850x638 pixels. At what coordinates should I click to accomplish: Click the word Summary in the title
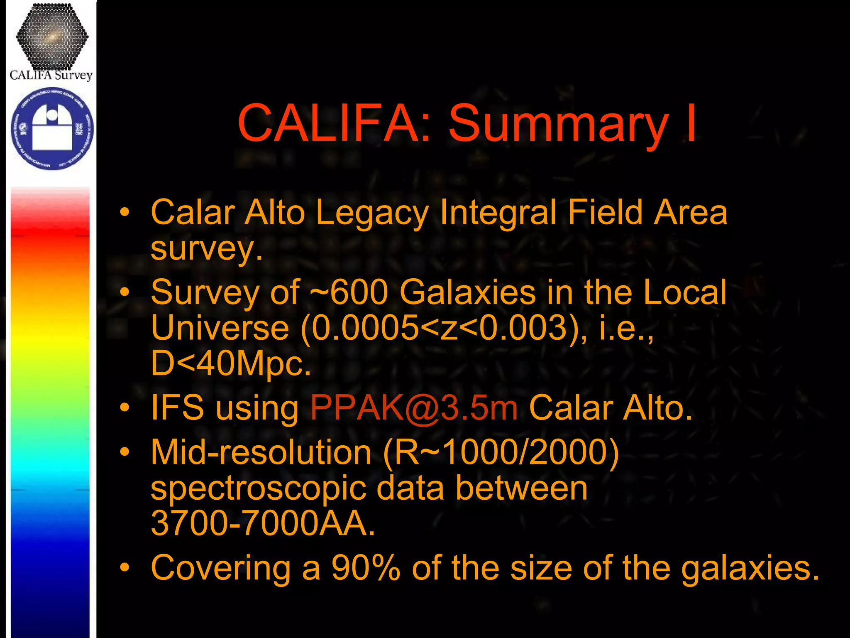pyautogui.click(x=558, y=124)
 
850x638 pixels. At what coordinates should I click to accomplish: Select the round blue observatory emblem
pyautogui.click(x=52, y=128)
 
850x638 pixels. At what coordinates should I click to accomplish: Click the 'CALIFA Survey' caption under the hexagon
pyautogui.click(x=51, y=75)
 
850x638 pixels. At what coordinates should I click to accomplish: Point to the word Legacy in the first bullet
pyautogui.click(x=372, y=213)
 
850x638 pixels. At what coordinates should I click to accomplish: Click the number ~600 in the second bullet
pyautogui.click(x=349, y=292)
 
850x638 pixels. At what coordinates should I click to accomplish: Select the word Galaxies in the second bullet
pyautogui.click(x=468, y=292)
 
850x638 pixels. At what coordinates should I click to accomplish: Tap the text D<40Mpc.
pyautogui.click(x=231, y=363)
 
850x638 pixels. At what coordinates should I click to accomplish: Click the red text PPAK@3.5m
pyautogui.click(x=414, y=408)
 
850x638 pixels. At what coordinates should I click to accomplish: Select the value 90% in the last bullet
pyautogui.click(x=366, y=567)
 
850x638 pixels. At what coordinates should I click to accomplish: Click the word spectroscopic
pyautogui.click(x=258, y=488)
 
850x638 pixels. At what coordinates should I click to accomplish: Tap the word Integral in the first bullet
pyautogui.click(x=498, y=213)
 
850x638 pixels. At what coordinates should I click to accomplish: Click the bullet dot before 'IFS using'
pyautogui.click(x=125, y=408)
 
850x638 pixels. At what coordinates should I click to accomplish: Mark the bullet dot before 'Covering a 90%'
pyautogui.click(x=125, y=567)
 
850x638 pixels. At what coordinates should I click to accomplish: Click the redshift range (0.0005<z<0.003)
pyautogui.click(x=444, y=328)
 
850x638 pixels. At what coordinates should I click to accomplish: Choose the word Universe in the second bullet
pyautogui.click(x=220, y=328)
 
